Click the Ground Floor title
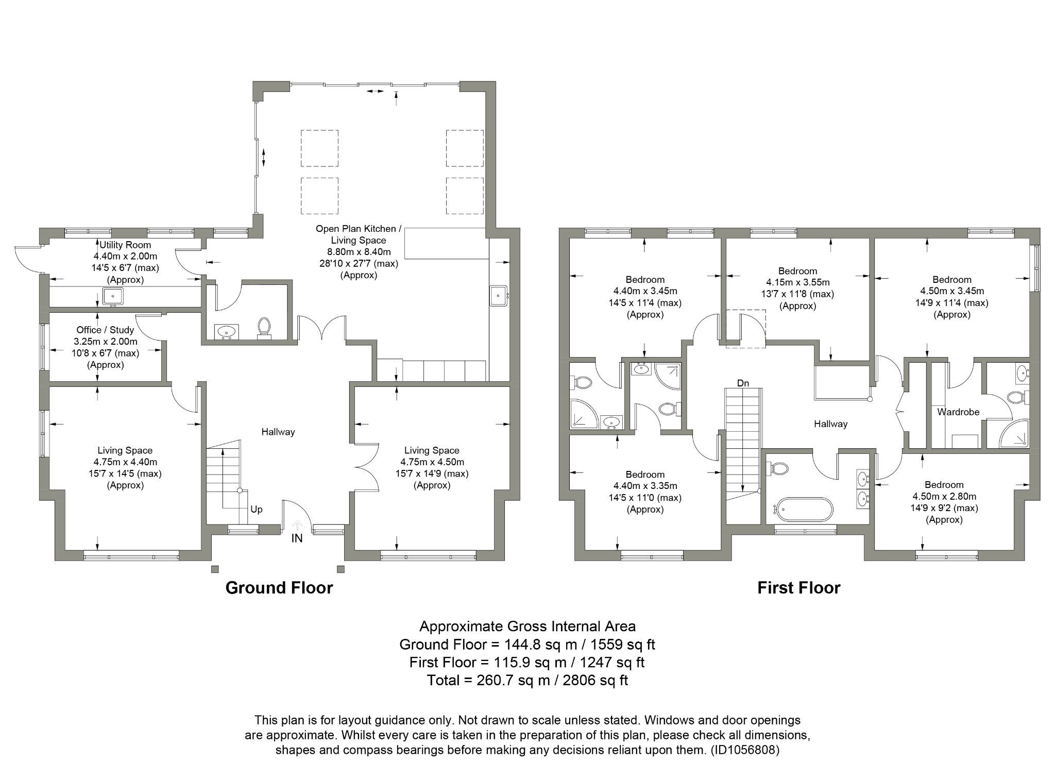click(x=279, y=588)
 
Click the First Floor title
click(x=798, y=588)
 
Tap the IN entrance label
click(x=297, y=538)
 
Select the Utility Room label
click(x=125, y=245)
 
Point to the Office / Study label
click(x=105, y=330)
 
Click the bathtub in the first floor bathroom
click(x=804, y=510)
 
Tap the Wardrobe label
click(x=958, y=412)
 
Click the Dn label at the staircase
click(x=743, y=383)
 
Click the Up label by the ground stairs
click(x=256, y=509)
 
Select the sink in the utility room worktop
click(x=112, y=296)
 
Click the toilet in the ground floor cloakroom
click(x=264, y=327)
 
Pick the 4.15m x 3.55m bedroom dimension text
click(x=797, y=282)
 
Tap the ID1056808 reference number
click(x=745, y=750)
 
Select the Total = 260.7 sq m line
click(x=527, y=680)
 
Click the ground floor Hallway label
click(x=278, y=432)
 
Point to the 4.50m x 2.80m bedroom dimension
click(x=944, y=496)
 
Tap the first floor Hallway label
click(x=830, y=424)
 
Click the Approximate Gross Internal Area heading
click(x=527, y=626)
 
